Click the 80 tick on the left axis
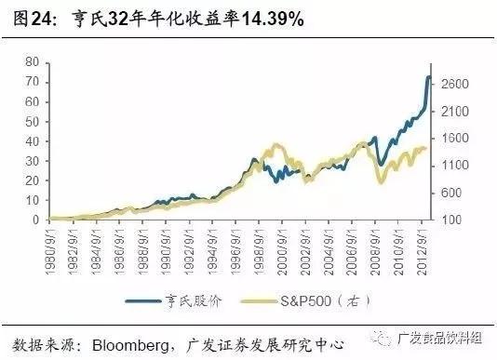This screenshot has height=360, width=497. click(32, 61)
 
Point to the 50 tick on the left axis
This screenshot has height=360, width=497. click(32, 121)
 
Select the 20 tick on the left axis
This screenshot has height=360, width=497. click(32, 180)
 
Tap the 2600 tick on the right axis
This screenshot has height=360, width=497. click(454, 85)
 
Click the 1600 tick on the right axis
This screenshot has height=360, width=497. click(454, 139)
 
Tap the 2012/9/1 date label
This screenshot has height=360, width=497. click(424, 244)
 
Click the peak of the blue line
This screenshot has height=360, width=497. click(429, 77)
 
